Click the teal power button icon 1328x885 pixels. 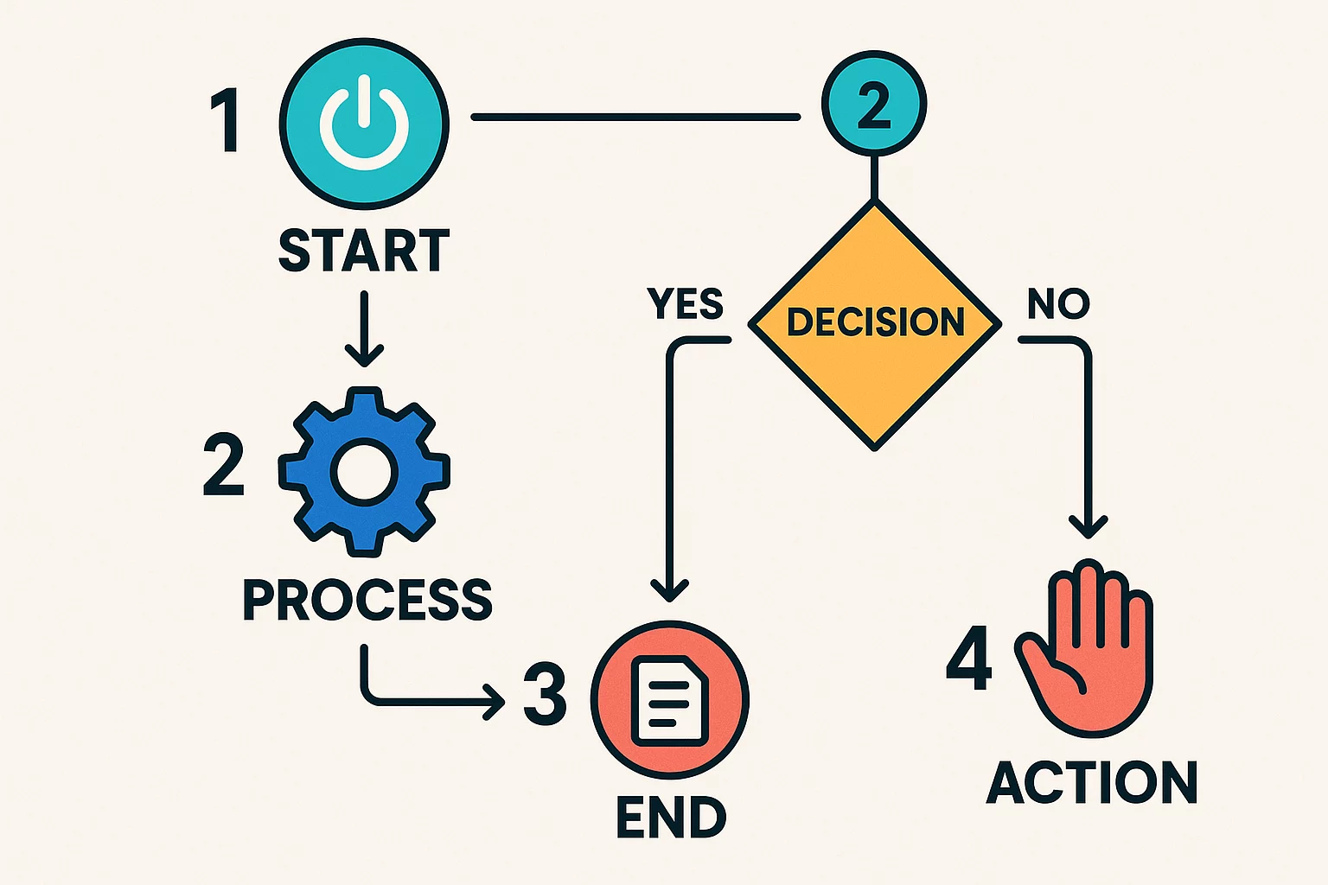[x=364, y=122]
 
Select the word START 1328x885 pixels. [x=364, y=251]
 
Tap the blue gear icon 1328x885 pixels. [x=364, y=472]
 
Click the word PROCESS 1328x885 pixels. [x=367, y=599]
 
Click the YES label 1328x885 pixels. [x=685, y=304]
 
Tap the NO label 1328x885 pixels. [x=1058, y=304]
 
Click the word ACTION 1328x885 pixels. [x=1091, y=783]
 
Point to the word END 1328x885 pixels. [x=671, y=818]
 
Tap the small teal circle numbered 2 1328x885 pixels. [x=874, y=105]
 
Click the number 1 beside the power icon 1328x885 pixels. [x=227, y=122]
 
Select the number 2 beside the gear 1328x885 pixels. [x=224, y=466]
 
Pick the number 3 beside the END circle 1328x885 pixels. [x=546, y=697]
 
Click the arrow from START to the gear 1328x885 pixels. [x=364, y=328]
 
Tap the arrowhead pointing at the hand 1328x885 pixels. [x=1088, y=525]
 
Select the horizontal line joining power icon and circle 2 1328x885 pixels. [x=635, y=117]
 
